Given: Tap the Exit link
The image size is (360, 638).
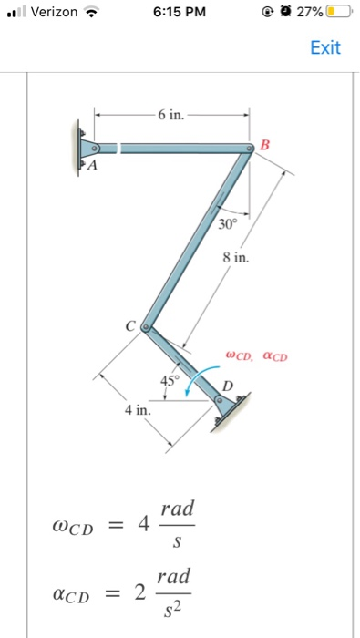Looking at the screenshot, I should (325, 47).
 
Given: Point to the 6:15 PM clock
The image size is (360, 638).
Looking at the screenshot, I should (180, 13).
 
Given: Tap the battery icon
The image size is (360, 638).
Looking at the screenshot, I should (338, 13).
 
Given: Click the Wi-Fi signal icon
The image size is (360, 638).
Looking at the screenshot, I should (89, 13).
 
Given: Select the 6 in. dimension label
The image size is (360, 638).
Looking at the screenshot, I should (170, 116).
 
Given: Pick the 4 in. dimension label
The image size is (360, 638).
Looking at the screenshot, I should (139, 411).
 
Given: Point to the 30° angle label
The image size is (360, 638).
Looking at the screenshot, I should (227, 222).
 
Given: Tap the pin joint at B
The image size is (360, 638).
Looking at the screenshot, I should (249, 148).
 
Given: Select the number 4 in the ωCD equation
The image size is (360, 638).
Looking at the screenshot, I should (141, 526).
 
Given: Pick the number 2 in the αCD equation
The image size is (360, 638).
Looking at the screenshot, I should (139, 594).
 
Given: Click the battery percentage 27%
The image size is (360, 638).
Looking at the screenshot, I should (310, 13).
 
